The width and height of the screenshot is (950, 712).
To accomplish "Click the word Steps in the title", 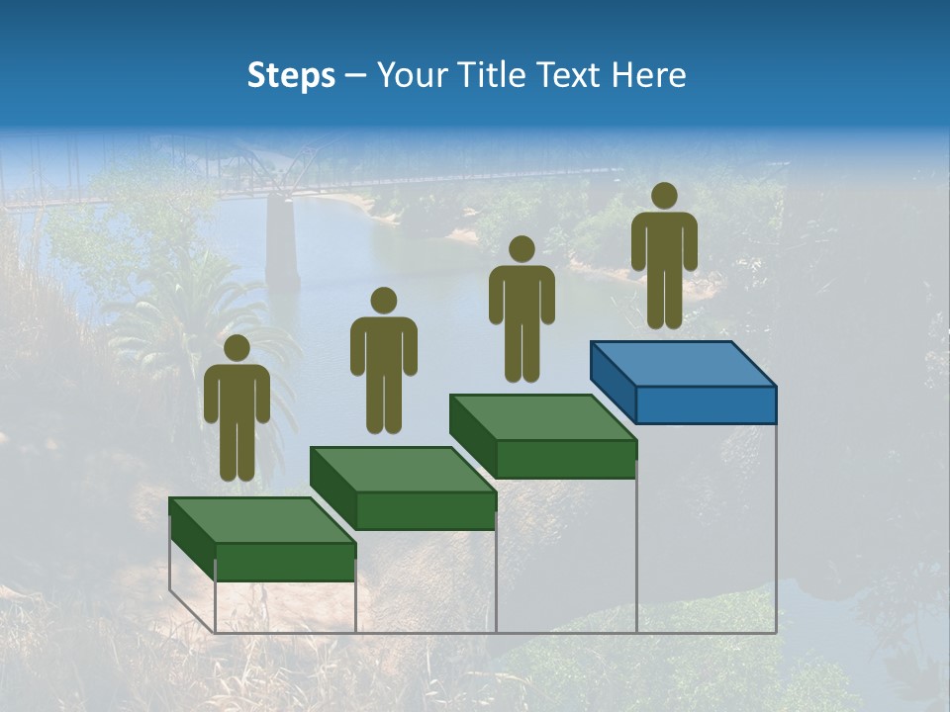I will point(291,76).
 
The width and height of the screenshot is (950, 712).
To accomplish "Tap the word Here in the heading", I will point(648,75).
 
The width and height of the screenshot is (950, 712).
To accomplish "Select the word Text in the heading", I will point(567,75).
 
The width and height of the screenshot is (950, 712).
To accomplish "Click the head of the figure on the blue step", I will point(664,196).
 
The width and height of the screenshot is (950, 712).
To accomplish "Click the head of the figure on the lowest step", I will point(237,348).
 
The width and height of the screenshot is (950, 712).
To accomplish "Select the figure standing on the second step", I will point(383,360).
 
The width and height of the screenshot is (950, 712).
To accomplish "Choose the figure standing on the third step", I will point(522,308).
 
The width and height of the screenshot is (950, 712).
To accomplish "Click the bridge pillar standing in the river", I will point(283,242).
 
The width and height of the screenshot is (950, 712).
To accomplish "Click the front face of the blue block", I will point(706,403).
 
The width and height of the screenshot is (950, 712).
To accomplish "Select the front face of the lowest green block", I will point(285,561).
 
